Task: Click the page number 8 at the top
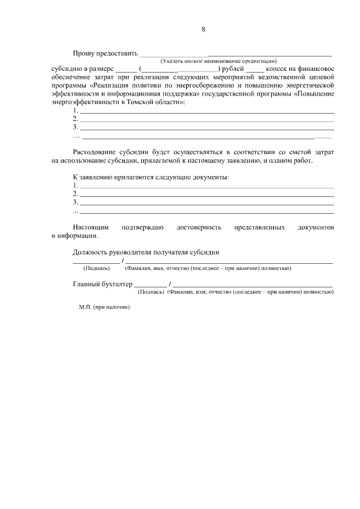[203, 29]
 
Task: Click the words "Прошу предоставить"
[105, 53]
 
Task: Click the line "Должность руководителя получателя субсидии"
[146, 253]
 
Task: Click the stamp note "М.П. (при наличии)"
[105, 308]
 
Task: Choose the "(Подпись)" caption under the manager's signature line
[96, 268]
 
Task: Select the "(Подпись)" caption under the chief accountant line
[151, 292]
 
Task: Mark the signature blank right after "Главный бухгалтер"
[150, 286]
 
